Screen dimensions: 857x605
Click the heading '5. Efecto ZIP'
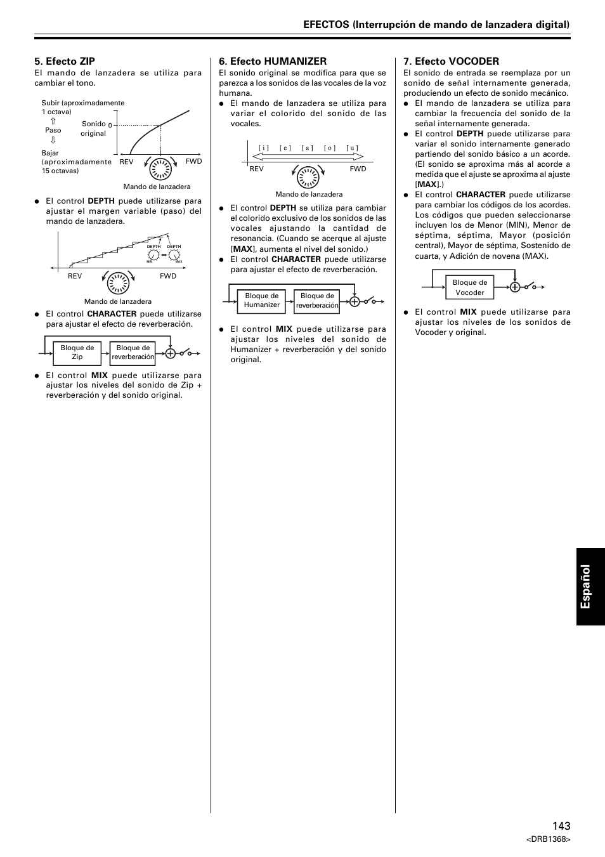[65, 62]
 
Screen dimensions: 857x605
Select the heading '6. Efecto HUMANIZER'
[273, 62]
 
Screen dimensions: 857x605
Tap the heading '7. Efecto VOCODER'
[451, 62]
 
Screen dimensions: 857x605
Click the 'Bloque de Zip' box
[77, 353]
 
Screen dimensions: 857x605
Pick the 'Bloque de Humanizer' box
[262, 301]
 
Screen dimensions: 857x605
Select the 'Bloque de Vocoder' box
[470, 288]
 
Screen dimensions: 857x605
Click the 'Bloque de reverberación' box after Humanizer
[317, 301]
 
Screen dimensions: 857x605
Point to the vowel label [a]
[308, 148]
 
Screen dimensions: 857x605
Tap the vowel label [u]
[353, 148]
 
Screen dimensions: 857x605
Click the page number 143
[561, 825]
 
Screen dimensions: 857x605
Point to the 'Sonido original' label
[94, 129]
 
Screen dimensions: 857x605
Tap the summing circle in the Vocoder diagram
[515, 287]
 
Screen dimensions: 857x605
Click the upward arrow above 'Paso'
[53, 121]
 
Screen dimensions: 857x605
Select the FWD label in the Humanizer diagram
[358, 169]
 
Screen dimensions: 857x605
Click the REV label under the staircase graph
[75, 277]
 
